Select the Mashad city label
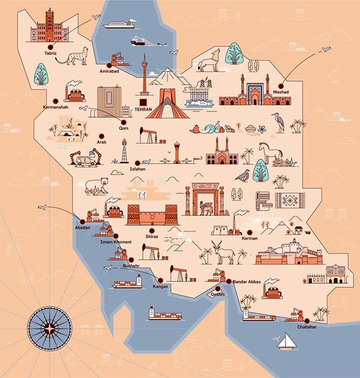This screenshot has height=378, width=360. (x=281, y=91)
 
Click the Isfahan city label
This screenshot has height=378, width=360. (x=138, y=170)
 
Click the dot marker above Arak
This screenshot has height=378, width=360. (x=101, y=136)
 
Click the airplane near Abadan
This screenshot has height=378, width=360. (x=42, y=207)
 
